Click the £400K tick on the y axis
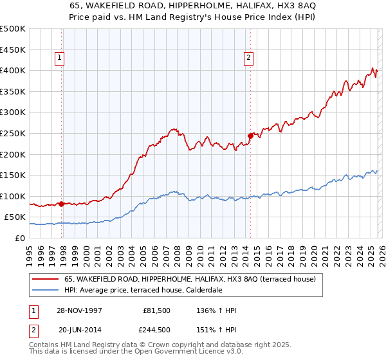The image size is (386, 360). [13, 70]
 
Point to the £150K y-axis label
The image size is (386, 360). [13, 175]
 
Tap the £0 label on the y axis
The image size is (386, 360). [21, 238]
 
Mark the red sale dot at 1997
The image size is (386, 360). [62, 204]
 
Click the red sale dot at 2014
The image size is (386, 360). [250, 136]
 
